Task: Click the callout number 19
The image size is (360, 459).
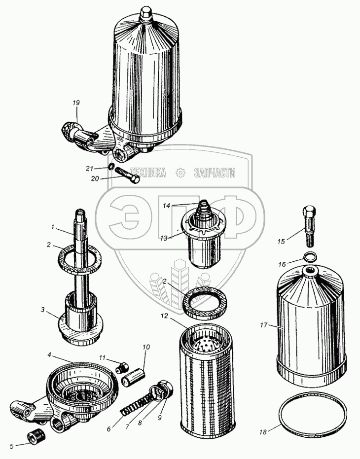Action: (76, 103)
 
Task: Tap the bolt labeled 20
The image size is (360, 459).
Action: (128, 175)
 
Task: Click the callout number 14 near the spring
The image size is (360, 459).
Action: (166, 206)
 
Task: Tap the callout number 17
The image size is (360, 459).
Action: (264, 324)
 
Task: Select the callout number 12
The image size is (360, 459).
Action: (164, 316)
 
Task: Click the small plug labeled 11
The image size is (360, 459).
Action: (123, 367)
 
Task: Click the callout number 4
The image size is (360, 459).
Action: (49, 355)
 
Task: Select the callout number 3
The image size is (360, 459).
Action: (43, 310)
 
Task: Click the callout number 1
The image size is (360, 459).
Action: (53, 227)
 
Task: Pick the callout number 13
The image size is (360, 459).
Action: (164, 238)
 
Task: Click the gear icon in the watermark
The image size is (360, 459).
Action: (180, 173)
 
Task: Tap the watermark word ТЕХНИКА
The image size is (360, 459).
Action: (148, 173)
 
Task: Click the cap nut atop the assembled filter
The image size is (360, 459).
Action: (146, 14)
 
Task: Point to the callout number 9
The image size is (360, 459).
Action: (160, 418)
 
